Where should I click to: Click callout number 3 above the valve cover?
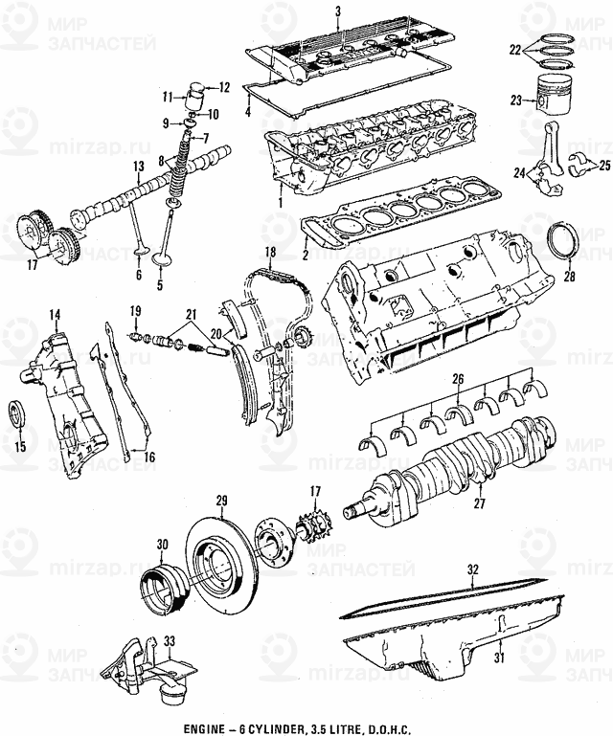point(337,11)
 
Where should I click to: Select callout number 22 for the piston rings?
point(514,50)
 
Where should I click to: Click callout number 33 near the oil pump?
point(169,640)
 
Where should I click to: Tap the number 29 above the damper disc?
point(221,500)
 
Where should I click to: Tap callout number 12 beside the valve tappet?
point(225,87)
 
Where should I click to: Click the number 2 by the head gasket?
point(305,255)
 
